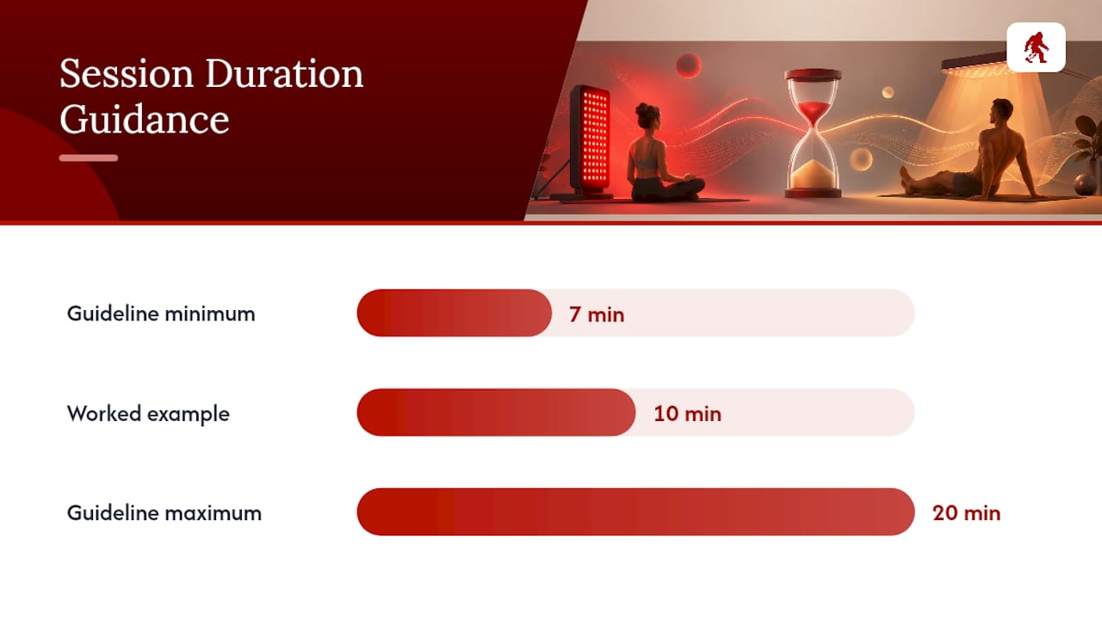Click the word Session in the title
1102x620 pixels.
pos(127,74)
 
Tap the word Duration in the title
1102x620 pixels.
pos(284,74)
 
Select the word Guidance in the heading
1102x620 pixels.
pos(145,121)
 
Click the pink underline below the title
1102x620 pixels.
pos(89,158)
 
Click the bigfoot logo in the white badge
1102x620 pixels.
pos(1036,47)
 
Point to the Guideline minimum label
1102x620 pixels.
pos(161,314)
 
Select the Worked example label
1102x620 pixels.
pos(148,414)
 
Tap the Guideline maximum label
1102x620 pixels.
pos(164,513)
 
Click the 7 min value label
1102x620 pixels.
pos(597,315)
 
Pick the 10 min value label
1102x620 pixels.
pos(688,414)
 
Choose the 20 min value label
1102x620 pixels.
pos(967,513)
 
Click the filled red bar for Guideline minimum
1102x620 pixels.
pos(454,313)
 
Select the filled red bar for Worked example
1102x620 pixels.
pos(496,412)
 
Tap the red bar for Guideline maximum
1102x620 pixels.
pos(635,512)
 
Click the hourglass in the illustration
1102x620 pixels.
pos(813,133)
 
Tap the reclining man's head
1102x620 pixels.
pos(1001,113)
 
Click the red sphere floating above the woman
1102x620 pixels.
pos(688,65)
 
